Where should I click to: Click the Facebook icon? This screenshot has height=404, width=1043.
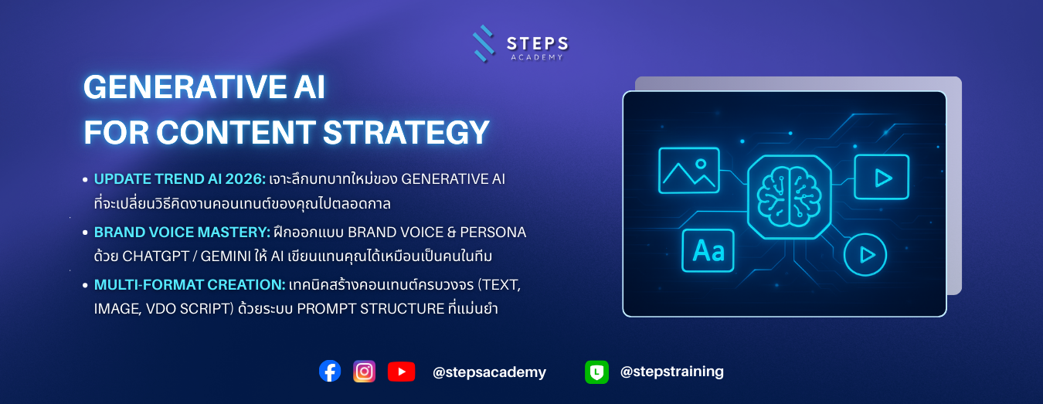330,371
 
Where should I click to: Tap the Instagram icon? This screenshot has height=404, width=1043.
364,372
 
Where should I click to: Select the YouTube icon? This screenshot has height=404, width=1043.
402,372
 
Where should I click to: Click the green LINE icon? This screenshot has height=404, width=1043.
596,372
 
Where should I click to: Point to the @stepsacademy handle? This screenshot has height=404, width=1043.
489,372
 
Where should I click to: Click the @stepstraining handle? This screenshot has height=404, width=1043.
672,372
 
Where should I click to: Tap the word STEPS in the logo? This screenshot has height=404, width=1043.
537,44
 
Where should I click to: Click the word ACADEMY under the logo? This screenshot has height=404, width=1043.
537,57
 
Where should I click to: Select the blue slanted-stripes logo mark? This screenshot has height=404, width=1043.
484,43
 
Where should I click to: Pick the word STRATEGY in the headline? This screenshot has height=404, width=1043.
406,133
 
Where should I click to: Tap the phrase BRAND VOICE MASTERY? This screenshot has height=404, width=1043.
182,232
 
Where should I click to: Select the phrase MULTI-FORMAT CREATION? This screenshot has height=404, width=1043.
189,284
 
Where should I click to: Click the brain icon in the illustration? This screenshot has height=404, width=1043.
790,197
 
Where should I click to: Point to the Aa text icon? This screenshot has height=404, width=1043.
708,251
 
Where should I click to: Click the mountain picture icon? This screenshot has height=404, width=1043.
688,171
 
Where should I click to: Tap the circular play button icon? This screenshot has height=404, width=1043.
865,255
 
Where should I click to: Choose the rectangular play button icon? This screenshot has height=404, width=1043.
882,178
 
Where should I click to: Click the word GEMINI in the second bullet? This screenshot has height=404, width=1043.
226,256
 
